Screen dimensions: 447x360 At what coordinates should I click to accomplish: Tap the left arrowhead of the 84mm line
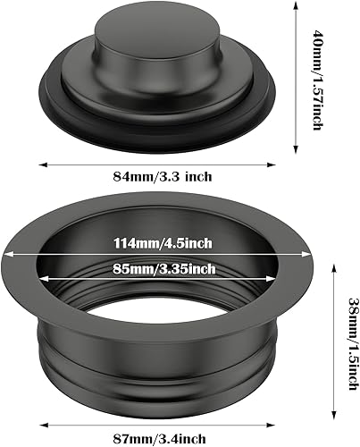(x=41, y=164)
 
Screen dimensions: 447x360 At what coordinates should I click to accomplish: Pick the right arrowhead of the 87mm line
(x=273, y=421)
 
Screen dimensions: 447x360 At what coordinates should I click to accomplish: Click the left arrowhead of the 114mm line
(x=13, y=253)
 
